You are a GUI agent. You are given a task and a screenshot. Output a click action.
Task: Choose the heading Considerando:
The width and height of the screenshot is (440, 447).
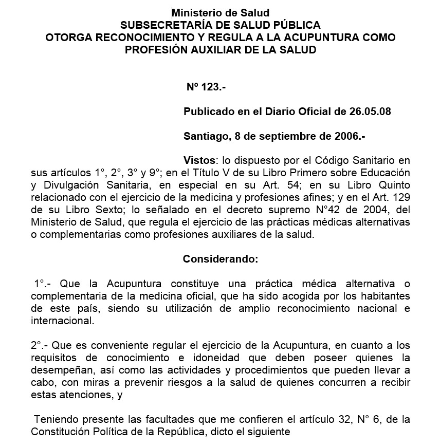tap(221, 259)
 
